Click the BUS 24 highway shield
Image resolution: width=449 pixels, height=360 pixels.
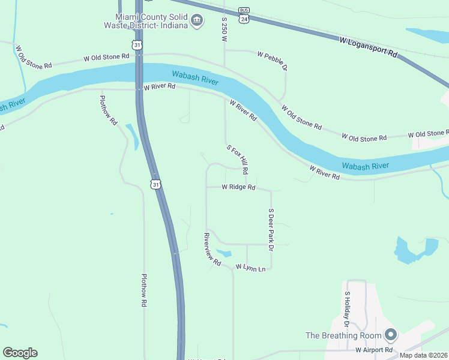(243, 15)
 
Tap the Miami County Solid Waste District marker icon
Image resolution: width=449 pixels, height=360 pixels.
(196, 22)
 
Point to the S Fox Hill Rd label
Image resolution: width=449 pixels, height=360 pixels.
(237, 159)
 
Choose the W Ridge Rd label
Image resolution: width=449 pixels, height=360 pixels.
(238, 187)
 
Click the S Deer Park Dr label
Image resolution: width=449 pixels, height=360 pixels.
(271, 229)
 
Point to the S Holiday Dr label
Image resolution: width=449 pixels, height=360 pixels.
(347, 306)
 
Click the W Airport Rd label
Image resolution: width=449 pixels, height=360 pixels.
(373, 349)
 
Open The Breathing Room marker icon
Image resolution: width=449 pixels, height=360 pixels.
(391, 334)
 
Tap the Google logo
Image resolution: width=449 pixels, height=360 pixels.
(20, 353)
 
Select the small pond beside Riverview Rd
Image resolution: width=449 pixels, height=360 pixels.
(223, 253)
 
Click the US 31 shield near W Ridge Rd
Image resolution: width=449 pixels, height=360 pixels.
(156, 184)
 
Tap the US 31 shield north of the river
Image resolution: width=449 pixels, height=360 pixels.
(137, 45)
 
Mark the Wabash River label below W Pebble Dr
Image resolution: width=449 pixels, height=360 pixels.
(195, 77)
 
